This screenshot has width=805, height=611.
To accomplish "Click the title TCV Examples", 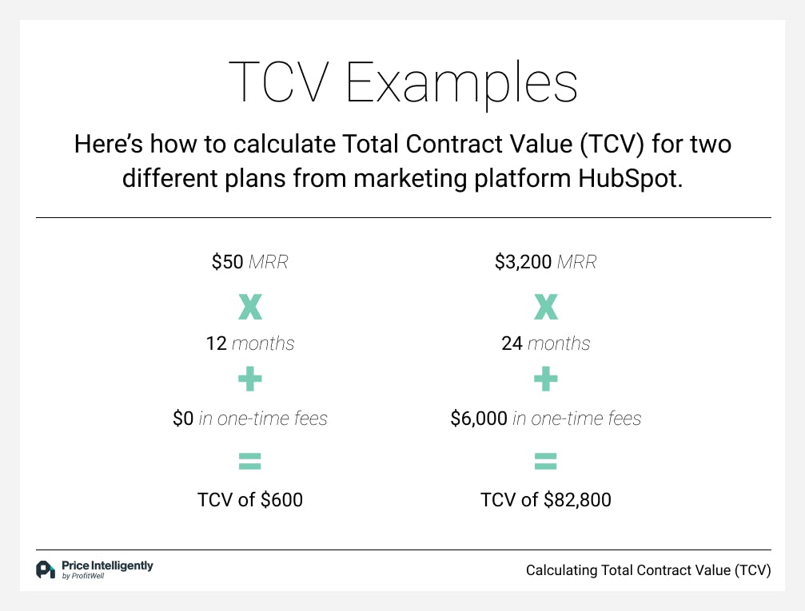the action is (x=403, y=83).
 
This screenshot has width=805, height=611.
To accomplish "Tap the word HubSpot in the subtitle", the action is (x=631, y=179).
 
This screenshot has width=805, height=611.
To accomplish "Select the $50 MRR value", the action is (x=250, y=262).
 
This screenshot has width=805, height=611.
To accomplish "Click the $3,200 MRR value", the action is (x=545, y=262).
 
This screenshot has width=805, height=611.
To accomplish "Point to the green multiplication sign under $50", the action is (x=250, y=307).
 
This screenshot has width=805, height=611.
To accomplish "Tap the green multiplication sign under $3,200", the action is (x=546, y=307).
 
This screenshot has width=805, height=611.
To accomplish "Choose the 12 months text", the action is (x=250, y=343).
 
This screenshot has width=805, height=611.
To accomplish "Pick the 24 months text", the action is (x=546, y=343).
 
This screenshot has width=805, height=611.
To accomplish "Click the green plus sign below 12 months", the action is (x=250, y=379).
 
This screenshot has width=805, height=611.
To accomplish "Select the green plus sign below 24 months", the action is (x=546, y=379).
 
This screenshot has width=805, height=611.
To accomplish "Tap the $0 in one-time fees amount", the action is (x=183, y=419).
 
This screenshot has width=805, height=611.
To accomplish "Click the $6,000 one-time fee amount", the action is (x=479, y=419).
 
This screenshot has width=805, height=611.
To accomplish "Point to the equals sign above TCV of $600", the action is (x=250, y=461).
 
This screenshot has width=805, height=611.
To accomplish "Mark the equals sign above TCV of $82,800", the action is (x=546, y=461).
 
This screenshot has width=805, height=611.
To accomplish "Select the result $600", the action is (x=282, y=500).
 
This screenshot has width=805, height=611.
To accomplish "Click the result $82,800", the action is (x=577, y=500).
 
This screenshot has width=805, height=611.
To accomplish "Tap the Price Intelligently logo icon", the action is (x=46, y=569).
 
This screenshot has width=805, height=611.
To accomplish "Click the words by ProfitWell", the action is (x=83, y=576).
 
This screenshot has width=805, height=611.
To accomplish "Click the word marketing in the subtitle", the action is (x=410, y=179).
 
